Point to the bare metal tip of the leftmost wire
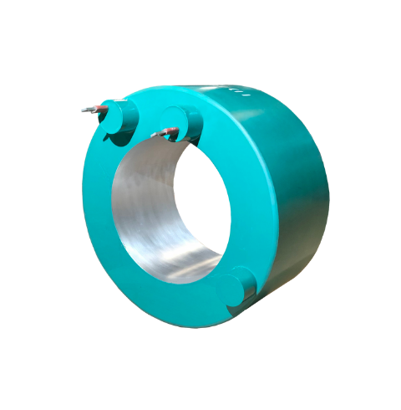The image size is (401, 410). tap(85, 110)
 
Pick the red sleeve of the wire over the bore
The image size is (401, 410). tap(168, 131)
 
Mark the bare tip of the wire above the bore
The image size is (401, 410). tap(155, 135)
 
